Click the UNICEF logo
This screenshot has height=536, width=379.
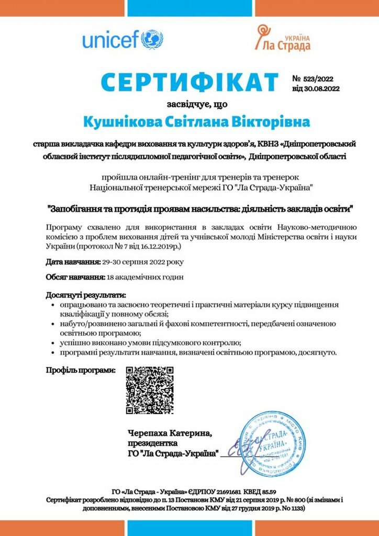pos(122,39)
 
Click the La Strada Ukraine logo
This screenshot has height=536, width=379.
pos(283,39)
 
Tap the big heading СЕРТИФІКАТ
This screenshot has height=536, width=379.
pos(189,83)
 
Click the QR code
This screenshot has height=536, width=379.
pos(150,390)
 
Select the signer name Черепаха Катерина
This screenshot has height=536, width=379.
pos(170,433)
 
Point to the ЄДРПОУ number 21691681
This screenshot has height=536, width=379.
pos(228,492)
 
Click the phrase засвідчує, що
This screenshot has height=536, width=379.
pos(189,104)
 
